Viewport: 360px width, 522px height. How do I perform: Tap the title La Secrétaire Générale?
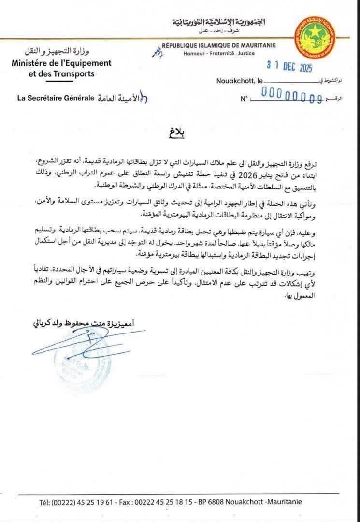pyautogui.click(x=55, y=98)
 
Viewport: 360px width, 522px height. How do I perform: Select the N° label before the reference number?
pyautogui.click(x=244, y=99)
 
